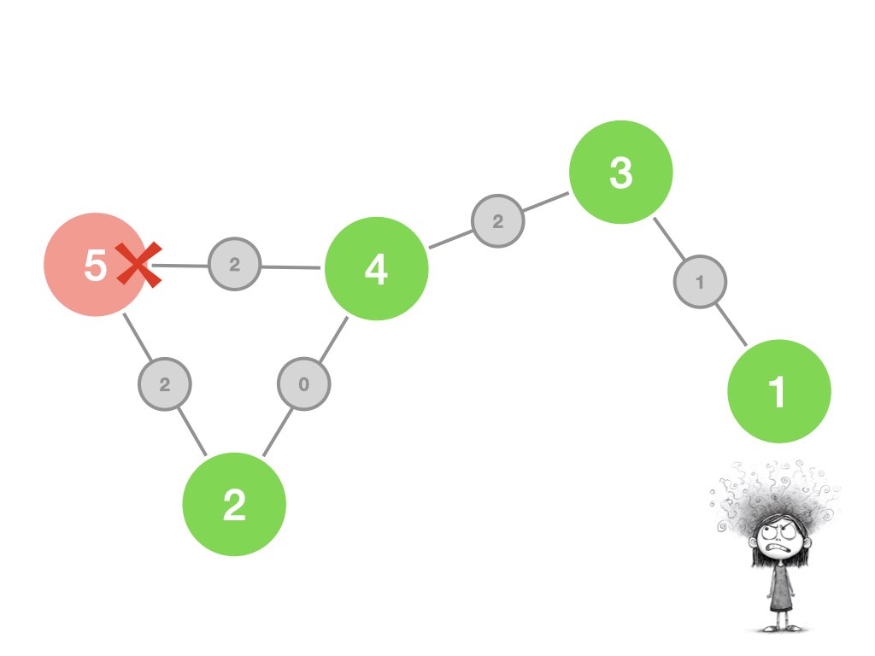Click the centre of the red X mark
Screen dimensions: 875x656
pyautogui.click(x=139, y=265)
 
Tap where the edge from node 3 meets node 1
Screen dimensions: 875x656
pyautogui.click(x=747, y=346)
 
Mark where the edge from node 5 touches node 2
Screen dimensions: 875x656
pyautogui.click(x=207, y=456)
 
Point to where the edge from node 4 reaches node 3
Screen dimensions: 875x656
pyautogui.click(x=568, y=192)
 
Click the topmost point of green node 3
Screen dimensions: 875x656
pyautogui.click(x=621, y=120)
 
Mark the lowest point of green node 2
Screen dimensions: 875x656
pyautogui.click(x=234, y=556)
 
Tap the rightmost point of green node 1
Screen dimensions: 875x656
pyautogui.click(x=831, y=391)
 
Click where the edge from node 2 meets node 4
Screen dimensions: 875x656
pyautogui.click(x=348, y=317)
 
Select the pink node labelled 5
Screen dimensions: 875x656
pyautogui.click(x=96, y=265)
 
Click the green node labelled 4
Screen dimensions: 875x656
pyautogui.click(x=377, y=268)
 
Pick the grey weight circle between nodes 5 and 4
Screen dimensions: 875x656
pyautogui.click(x=234, y=264)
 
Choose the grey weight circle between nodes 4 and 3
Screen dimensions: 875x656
pyautogui.click(x=498, y=221)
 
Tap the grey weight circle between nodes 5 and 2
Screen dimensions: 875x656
pyautogui.click(x=165, y=384)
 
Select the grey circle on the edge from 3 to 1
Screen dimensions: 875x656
pyautogui.click(x=700, y=282)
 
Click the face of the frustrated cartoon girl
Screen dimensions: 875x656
pyautogui.click(x=779, y=537)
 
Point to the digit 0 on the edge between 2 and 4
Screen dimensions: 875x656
pyautogui.click(x=303, y=384)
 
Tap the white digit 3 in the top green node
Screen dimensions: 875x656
pyautogui.click(x=621, y=173)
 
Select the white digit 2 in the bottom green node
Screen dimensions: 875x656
pyautogui.click(x=234, y=505)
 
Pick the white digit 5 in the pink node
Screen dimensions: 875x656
pyautogui.click(x=95, y=265)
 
